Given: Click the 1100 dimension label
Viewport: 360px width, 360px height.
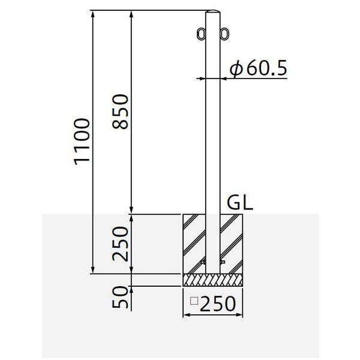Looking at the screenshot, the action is pyautogui.click(x=82, y=142).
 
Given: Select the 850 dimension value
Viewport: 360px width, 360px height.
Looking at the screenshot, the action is pyautogui.click(x=120, y=112).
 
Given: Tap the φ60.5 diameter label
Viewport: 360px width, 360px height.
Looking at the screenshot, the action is pyautogui.click(x=259, y=68).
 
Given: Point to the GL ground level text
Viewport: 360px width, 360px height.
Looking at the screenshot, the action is pyautogui.click(x=240, y=203).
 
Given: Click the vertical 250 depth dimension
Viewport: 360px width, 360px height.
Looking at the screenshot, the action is pyautogui.click(x=120, y=244).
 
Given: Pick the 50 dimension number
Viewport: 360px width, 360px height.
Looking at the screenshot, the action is pyautogui.click(x=120, y=297).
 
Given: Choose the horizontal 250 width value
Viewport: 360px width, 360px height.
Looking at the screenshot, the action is pyautogui.click(x=218, y=304).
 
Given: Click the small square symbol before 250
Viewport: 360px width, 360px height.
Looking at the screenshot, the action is pyautogui.click(x=194, y=301).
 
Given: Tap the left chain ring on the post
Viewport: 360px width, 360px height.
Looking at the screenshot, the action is pyautogui.click(x=201, y=34).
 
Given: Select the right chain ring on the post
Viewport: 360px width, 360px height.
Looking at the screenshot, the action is pyautogui.click(x=224, y=34).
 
